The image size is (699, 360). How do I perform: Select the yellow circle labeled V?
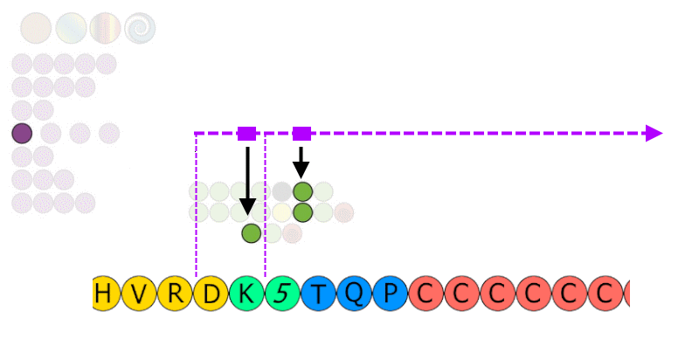(139, 294)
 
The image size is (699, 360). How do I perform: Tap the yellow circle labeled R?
(176, 294)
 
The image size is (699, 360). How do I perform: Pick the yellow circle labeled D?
(211, 294)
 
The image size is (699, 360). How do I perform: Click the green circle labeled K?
(247, 294)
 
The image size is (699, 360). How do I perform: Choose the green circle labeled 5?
(282, 294)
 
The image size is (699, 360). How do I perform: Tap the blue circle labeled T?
(319, 294)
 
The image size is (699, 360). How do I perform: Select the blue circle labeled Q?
(355, 294)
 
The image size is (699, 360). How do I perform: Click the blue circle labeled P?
(391, 294)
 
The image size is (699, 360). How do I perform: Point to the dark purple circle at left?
(22, 133)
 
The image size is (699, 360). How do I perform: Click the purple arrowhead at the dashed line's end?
(654, 133)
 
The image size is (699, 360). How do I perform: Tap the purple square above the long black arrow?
(247, 133)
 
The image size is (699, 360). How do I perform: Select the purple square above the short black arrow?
(301, 133)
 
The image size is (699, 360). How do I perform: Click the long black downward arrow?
(248, 181)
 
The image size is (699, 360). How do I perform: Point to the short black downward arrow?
(301, 163)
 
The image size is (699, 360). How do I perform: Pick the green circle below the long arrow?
(252, 233)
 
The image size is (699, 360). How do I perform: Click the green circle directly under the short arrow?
(303, 191)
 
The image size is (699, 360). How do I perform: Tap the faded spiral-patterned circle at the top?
(140, 28)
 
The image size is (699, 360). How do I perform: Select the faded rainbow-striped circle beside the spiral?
(105, 28)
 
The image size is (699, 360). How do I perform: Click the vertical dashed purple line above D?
(196, 205)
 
